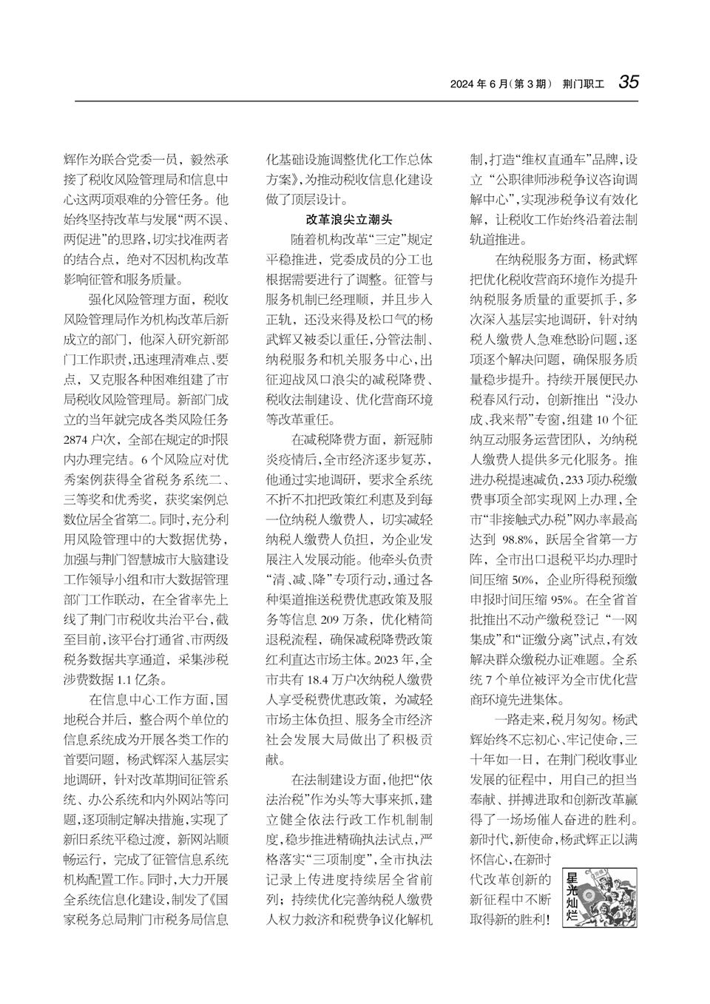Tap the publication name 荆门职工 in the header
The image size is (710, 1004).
pos(584,84)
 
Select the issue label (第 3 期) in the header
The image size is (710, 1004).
pos(530,84)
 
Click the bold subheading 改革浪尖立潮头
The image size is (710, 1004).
pos(348,220)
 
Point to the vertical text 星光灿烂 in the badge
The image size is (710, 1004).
pos(572,898)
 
